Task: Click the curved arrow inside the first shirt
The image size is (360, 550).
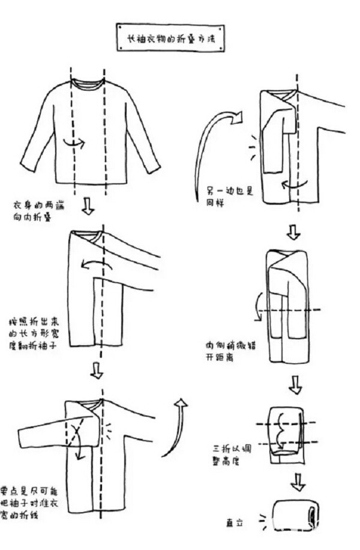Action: (x=74, y=143)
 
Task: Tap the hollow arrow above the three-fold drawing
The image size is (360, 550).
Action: (x=295, y=385)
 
